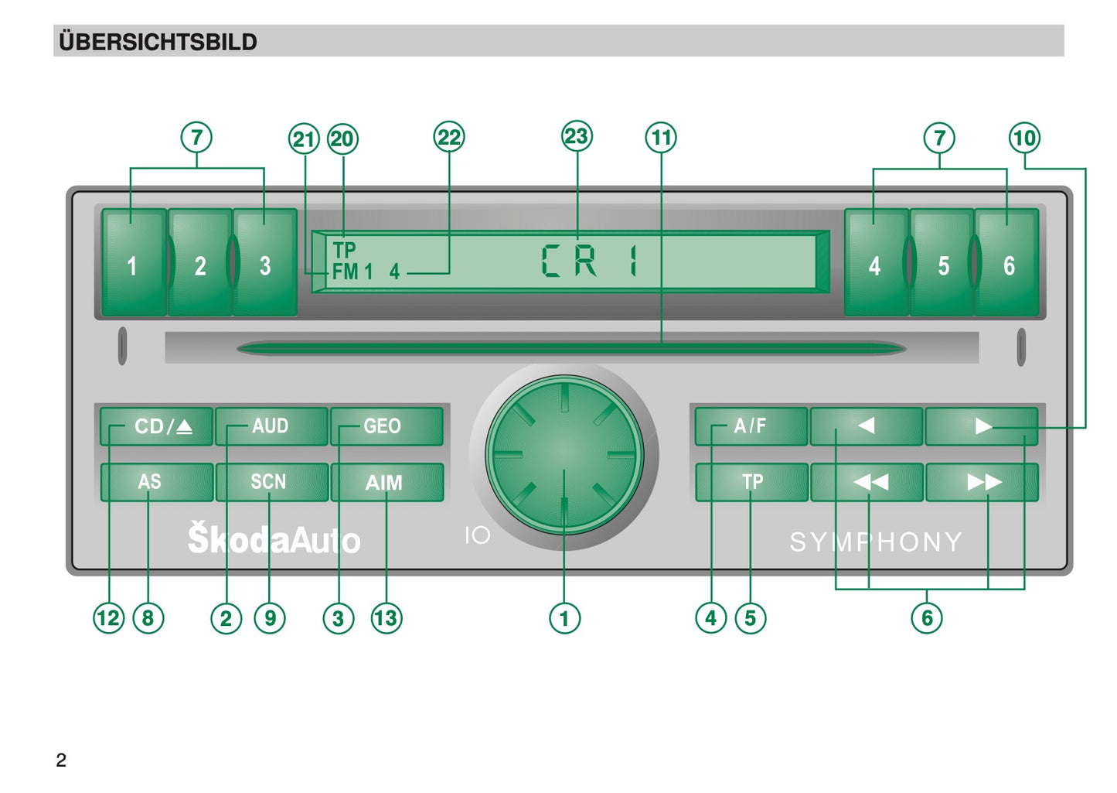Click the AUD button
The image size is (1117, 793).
coord(272,426)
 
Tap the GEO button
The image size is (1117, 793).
coord(387,426)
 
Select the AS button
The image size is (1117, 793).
coord(157,482)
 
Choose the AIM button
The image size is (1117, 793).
coord(387,482)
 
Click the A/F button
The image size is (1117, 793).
coord(751,426)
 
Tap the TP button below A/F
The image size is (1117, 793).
coord(752,482)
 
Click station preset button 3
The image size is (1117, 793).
coord(265,262)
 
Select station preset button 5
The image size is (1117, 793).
coord(942,262)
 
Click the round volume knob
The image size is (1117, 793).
coord(564,455)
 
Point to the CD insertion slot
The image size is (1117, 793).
coord(571,348)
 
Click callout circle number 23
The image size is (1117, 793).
coord(577,136)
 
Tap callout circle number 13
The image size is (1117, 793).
coord(387,618)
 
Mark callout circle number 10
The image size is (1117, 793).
coord(1025,138)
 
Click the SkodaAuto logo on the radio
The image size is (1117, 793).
coord(274,538)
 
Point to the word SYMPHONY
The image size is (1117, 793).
coord(876,542)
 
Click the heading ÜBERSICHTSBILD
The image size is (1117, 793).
coord(158,42)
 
